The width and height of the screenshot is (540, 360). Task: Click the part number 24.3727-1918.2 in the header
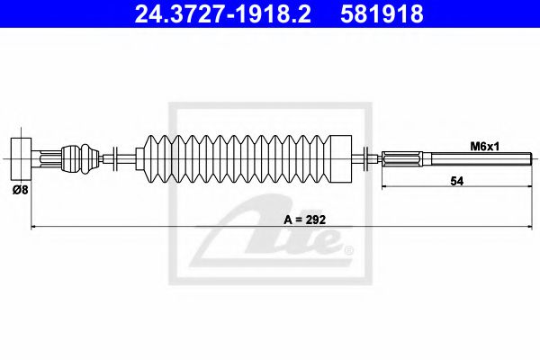(222, 14)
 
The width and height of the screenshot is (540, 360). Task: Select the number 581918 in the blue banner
(382, 14)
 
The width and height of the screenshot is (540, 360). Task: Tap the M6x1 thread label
(485, 147)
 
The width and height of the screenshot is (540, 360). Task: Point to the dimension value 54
(457, 181)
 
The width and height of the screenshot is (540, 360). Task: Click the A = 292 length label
(305, 220)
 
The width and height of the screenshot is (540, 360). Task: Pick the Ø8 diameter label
(20, 189)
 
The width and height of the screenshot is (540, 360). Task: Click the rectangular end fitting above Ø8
(21, 158)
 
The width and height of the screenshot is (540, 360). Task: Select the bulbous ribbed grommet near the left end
(81, 158)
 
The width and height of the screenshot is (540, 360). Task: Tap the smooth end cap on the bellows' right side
(341, 158)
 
